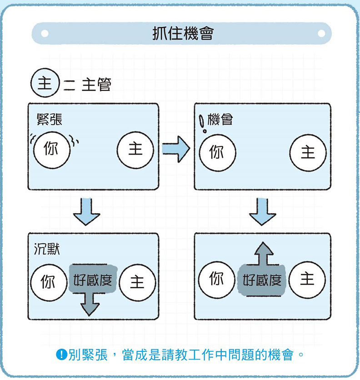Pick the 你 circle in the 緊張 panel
51,149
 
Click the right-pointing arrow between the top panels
176,149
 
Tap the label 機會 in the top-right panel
220,120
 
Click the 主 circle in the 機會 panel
308,152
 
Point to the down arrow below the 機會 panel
262,211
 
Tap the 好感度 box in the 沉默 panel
93,280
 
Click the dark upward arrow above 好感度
263,253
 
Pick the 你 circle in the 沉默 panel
48,282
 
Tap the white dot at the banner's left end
45,34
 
